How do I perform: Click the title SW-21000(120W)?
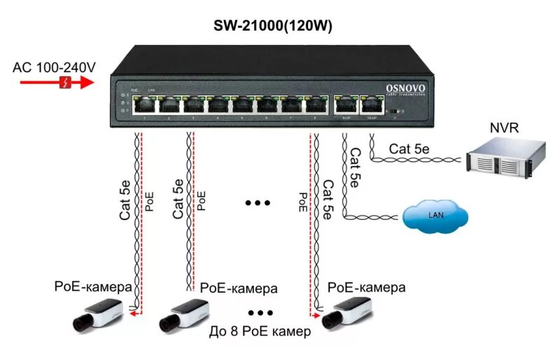tap(272, 26)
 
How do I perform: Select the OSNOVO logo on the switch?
tap(405, 88)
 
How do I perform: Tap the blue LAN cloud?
tap(435, 218)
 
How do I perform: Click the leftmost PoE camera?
tap(101, 313)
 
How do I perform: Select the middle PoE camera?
tap(185, 313)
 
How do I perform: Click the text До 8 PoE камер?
tap(260, 331)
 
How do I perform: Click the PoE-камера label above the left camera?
tap(93, 286)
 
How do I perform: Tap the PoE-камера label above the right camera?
tap(366, 286)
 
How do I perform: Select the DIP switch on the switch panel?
tap(397, 111)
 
